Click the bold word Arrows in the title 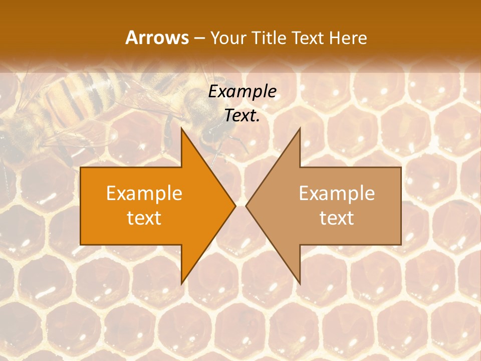click(157, 38)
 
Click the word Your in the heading click(227, 38)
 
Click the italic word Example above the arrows click(242, 91)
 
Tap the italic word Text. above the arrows click(242, 116)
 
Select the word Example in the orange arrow click(144, 193)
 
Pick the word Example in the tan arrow click(337, 193)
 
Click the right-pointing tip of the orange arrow click(235, 206)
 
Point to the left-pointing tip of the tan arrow click(246, 206)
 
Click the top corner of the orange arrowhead click(181, 128)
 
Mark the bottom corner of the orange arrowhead click(181, 284)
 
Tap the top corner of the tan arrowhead click(300, 128)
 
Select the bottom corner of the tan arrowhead click(300, 284)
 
